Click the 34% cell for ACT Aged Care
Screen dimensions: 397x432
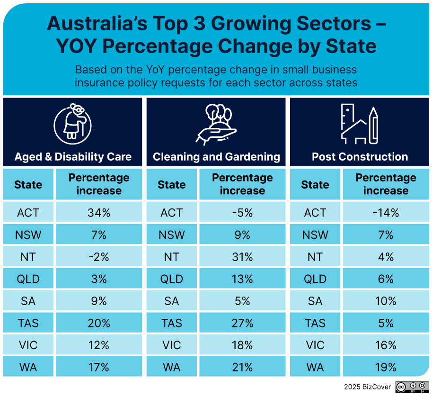pyautogui.click(x=98, y=213)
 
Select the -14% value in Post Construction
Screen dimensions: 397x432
pyautogui.click(x=386, y=213)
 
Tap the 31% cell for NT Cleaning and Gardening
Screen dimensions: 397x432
pyautogui.click(x=242, y=257)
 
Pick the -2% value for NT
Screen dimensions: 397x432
pyautogui.click(x=98, y=257)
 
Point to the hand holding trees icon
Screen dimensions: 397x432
pyautogui.click(x=216, y=124)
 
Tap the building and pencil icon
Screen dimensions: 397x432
pyautogui.click(x=360, y=124)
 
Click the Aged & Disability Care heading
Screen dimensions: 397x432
pyautogui.click(x=73, y=157)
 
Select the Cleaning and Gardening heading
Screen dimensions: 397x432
pyautogui.click(x=216, y=157)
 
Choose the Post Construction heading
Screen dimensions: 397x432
pyautogui.click(x=360, y=157)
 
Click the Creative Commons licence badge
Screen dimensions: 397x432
pyautogui.click(x=412, y=387)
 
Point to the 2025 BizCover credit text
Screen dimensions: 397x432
pyautogui.click(x=368, y=387)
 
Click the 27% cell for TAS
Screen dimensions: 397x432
pyautogui.click(x=242, y=323)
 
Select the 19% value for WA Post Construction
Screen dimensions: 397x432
pyautogui.click(x=386, y=367)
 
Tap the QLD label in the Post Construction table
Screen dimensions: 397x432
pyautogui.click(x=315, y=279)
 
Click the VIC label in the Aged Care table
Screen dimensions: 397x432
pyautogui.click(x=28, y=345)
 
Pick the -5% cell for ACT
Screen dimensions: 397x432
pyautogui.click(x=242, y=213)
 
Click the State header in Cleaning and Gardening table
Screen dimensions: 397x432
pyautogui.click(x=171, y=184)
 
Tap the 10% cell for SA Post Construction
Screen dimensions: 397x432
pyautogui.click(x=386, y=301)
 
